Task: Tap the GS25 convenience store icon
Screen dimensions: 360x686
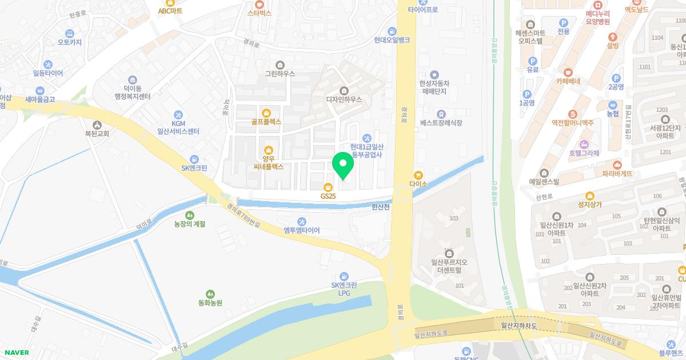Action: [x=328, y=186]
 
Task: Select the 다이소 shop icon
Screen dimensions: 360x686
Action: [x=418, y=175]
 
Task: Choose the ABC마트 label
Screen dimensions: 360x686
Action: [x=170, y=10]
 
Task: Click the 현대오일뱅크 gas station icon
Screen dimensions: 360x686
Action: [x=392, y=31]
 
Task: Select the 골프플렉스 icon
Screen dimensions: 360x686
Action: [x=266, y=112]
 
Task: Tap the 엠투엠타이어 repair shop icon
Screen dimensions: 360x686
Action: [x=302, y=221]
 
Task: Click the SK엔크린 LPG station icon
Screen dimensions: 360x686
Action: [x=344, y=275]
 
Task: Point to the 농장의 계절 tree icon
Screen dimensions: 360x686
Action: [x=189, y=214]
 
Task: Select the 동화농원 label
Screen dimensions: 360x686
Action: [x=206, y=302]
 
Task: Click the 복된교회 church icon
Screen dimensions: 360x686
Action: [x=97, y=125]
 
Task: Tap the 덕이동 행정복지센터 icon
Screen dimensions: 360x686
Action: [x=132, y=79]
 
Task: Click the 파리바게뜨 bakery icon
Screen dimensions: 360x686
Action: [x=617, y=164]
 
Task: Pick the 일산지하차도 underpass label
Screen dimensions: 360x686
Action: [x=519, y=326]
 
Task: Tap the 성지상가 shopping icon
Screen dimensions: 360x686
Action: [x=590, y=195]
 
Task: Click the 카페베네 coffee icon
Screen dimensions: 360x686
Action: [x=568, y=72]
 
